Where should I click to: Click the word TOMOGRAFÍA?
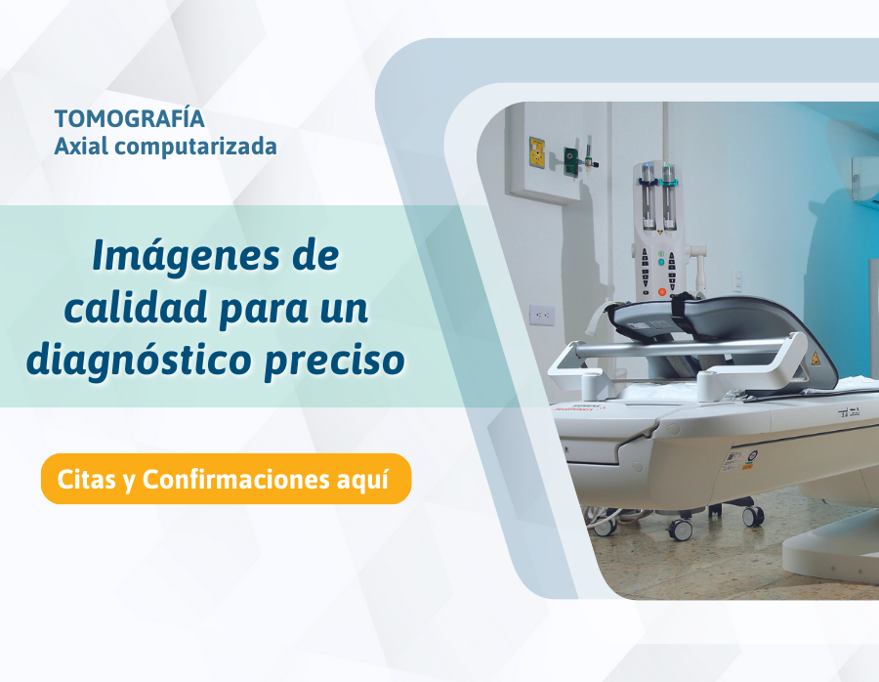click(x=130, y=119)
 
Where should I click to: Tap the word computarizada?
click(x=195, y=147)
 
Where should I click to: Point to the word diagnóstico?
click(x=138, y=361)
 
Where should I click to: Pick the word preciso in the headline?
click(x=335, y=362)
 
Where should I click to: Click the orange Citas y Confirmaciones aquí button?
click(x=226, y=479)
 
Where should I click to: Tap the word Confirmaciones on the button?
click(x=235, y=479)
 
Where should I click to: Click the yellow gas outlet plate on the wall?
click(x=537, y=151)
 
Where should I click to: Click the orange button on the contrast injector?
click(x=662, y=291)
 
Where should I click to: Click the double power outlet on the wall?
click(x=541, y=315)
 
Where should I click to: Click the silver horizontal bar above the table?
click(x=680, y=347)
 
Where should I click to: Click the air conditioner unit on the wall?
click(x=865, y=180)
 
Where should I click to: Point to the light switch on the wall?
click(x=737, y=277)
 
